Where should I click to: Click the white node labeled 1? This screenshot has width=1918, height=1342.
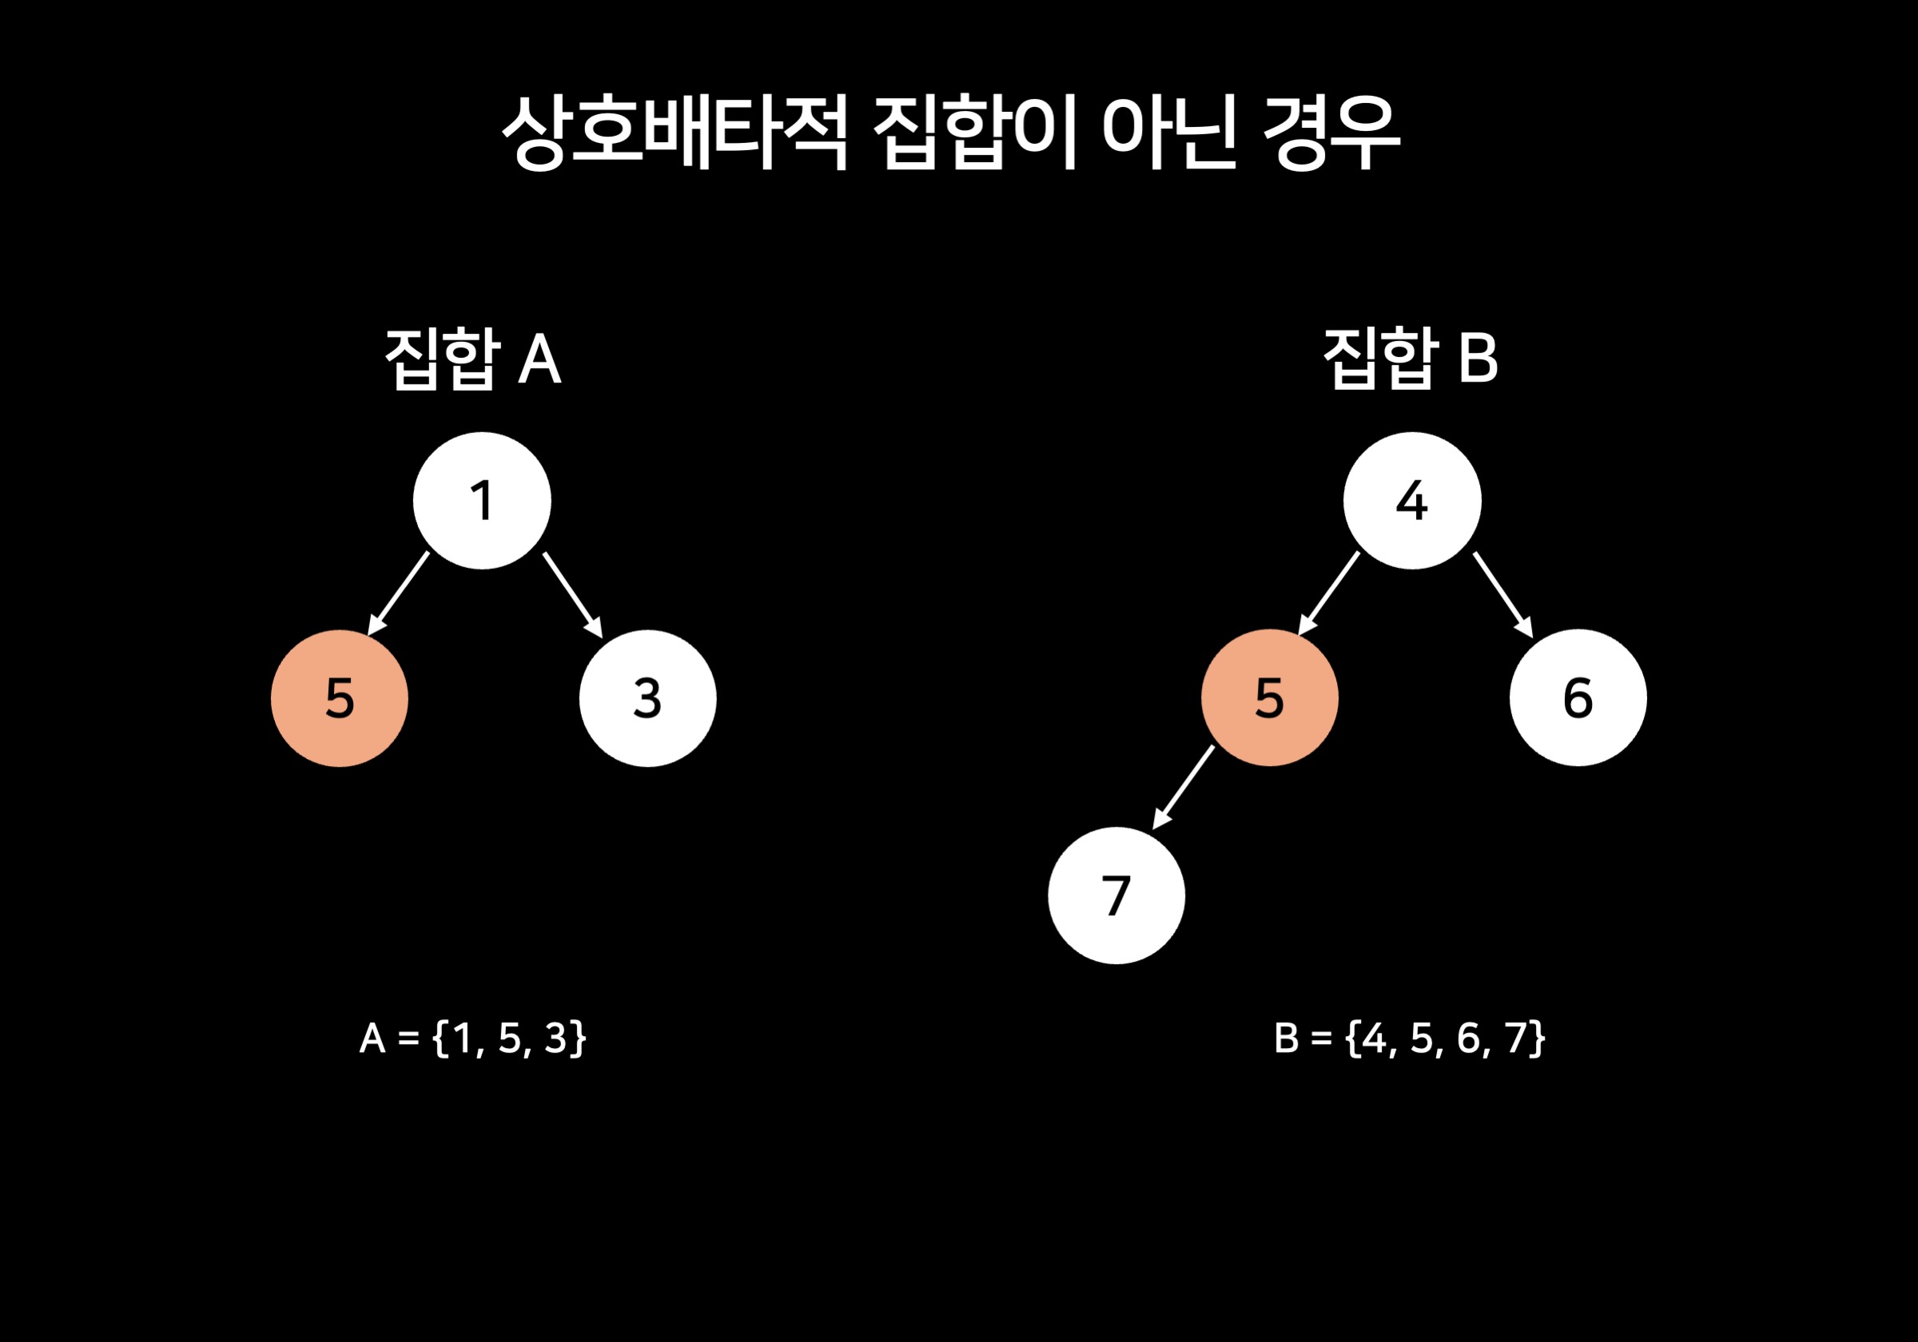coord(482,501)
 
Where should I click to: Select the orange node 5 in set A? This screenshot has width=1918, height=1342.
coord(339,698)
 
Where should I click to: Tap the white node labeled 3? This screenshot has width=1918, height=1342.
coord(647,698)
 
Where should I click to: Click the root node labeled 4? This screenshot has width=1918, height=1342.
coord(1412,501)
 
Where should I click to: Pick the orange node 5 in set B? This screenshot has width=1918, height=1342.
coord(1270,697)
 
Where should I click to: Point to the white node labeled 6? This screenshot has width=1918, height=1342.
coord(1578,697)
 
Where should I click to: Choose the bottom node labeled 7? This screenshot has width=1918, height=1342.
coord(1116,895)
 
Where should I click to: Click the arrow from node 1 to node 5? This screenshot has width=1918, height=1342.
coord(400,593)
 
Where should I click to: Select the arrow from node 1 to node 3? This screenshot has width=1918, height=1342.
coord(572,594)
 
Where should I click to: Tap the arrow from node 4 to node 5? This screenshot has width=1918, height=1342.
coord(1329,593)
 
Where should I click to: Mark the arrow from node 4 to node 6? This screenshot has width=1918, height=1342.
coord(1502,594)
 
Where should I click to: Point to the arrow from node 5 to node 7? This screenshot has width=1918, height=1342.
coord(1184,787)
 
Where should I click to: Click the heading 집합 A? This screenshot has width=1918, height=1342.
coord(473,359)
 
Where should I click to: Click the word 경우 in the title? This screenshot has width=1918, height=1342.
coord(1331,132)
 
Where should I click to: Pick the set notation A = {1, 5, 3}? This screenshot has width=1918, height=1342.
coord(473,1038)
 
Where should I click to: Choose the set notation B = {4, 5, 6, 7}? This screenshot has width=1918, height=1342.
coord(1409,1038)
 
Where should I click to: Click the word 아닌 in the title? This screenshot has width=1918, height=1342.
coord(1168,132)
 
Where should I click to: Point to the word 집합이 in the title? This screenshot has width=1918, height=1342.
coord(974,132)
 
